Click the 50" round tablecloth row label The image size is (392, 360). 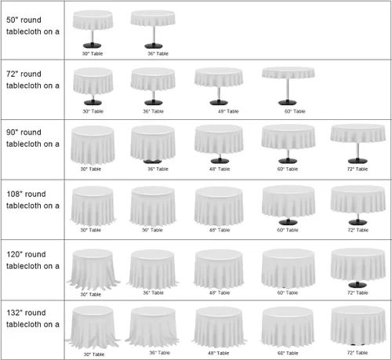33,26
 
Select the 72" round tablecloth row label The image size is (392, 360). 33,80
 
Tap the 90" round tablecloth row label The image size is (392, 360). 33,138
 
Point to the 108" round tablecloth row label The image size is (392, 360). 33,200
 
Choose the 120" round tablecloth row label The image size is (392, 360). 33,260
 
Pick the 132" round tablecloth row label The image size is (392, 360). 33,318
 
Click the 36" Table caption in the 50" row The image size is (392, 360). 158,53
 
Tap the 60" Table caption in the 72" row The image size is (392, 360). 295,111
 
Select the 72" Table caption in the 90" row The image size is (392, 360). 358,169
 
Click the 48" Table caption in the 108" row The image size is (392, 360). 220,230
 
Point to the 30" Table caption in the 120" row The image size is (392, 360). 91,294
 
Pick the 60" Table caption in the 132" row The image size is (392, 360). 288,353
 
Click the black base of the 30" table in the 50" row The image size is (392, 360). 93,45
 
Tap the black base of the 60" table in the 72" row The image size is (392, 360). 288,102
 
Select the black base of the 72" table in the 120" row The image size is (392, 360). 358,285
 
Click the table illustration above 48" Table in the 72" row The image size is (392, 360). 219,86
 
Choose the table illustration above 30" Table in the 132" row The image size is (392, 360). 93,327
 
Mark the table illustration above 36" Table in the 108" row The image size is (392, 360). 153,206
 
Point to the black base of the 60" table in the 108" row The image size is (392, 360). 288,222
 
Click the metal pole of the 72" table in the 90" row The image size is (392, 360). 358,151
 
